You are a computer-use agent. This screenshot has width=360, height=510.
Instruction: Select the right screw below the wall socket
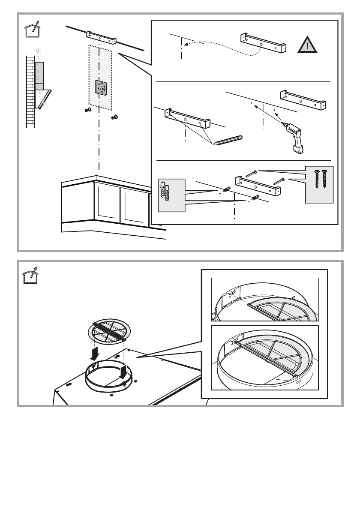pyautogui.click(x=114, y=117)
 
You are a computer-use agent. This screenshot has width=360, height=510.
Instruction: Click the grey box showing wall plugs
pyautogui.click(x=171, y=195)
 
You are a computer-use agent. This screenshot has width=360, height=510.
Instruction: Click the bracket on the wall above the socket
pyautogui.click(x=101, y=38)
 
